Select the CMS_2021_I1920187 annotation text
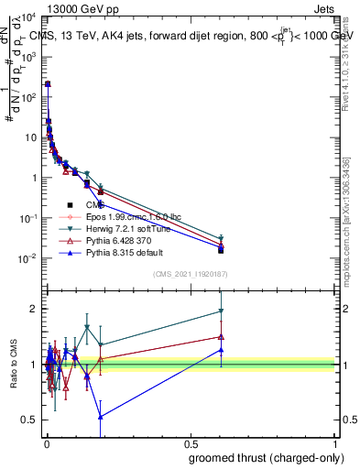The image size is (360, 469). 191,274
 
